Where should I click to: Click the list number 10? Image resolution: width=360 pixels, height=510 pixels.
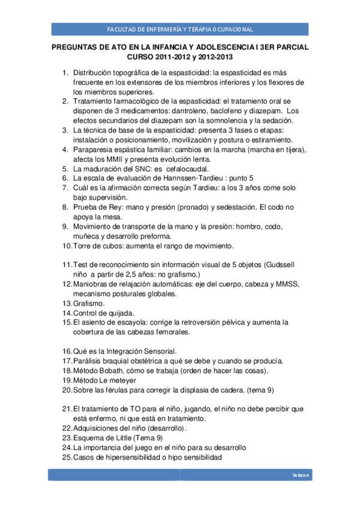(x=67, y=246)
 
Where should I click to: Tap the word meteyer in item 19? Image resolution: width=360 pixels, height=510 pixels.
(x=123, y=380)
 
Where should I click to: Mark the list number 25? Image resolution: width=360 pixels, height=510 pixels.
(x=67, y=457)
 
